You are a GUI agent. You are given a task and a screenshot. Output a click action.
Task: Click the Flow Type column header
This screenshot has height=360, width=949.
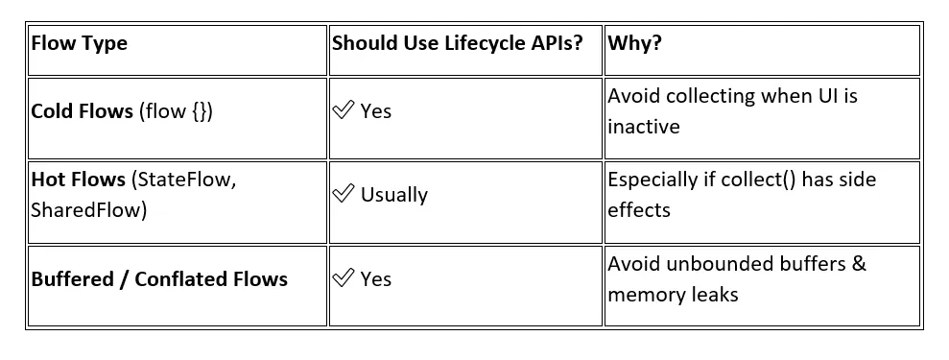pos(79,43)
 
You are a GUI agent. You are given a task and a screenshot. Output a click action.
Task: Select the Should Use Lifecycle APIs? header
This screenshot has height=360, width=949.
pos(457,43)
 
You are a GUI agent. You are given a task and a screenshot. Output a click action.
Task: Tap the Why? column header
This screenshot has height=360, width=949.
pos(636,43)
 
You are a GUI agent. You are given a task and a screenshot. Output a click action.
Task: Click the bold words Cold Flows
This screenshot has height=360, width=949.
pos(82,111)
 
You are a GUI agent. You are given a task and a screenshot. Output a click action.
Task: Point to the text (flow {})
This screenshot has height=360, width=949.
pos(177,111)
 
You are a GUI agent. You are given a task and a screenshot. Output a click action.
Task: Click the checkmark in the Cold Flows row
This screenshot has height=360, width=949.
pos(343,110)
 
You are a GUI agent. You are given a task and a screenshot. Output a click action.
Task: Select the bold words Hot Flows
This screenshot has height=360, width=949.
pos(78,180)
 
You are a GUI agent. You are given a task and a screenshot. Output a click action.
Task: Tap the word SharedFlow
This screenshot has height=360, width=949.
pos(89,208)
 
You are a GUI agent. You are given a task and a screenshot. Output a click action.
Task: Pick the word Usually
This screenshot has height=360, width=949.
pos(393,195)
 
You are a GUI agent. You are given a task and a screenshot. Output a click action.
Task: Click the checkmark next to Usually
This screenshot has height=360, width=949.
pos(343,194)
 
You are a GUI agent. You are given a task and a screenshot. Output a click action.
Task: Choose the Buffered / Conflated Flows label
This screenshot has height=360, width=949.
pos(159,279)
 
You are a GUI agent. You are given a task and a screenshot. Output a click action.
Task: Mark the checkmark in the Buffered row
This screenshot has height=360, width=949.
pos(343,278)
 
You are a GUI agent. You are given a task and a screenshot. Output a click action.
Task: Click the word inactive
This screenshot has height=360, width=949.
pos(643,127)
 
